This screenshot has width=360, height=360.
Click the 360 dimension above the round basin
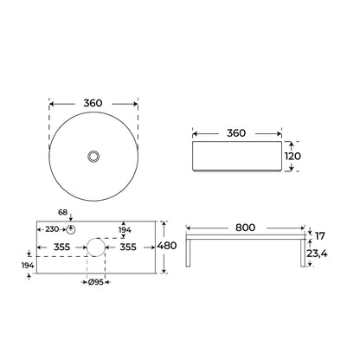(93, 103)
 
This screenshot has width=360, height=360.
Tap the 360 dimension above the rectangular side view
(236, 133)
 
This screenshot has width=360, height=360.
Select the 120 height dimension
(292, 156)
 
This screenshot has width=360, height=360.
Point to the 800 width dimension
(245, 228)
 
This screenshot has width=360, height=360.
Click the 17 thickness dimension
(320, 236)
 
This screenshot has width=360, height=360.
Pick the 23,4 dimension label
(317, 254)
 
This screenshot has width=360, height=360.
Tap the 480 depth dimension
(167, 246)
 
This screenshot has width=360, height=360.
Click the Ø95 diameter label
(96, 282)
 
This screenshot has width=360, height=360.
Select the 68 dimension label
(62, 212)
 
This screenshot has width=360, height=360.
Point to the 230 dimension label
(52, 229)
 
